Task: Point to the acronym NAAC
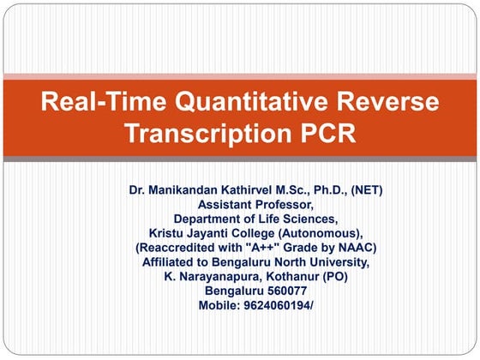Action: (x=359, y=248)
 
